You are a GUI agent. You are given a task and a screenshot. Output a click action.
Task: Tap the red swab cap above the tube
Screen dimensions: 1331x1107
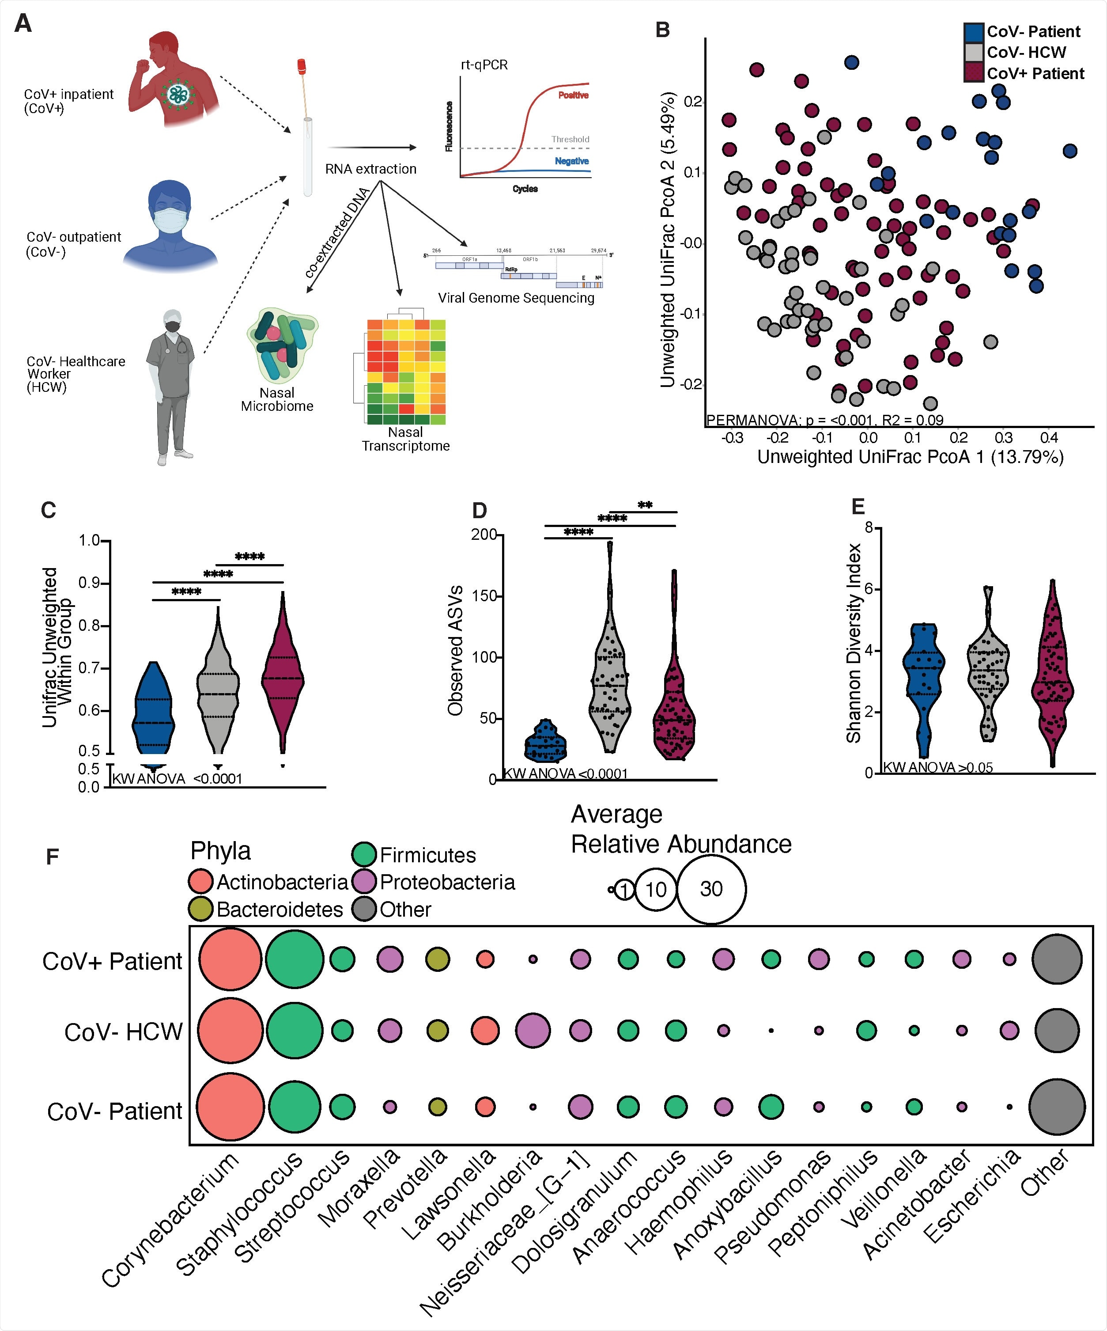(302, 64)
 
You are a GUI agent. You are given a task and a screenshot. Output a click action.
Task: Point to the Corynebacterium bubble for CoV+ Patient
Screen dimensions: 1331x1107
(230, 959)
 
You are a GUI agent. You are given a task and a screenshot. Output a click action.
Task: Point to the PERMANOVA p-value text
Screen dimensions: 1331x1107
(824, 420)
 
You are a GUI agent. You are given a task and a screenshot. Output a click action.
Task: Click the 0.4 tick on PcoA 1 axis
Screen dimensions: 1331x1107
(1049, 437)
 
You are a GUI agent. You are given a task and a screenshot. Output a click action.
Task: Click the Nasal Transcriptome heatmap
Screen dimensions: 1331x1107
(405, 372)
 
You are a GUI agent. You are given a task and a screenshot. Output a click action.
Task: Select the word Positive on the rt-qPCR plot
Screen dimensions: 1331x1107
(573, 95)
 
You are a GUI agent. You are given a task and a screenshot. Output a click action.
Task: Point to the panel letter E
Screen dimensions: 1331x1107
(858, 506)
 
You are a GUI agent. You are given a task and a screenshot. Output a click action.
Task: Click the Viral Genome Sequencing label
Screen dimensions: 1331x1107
(516, 298)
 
